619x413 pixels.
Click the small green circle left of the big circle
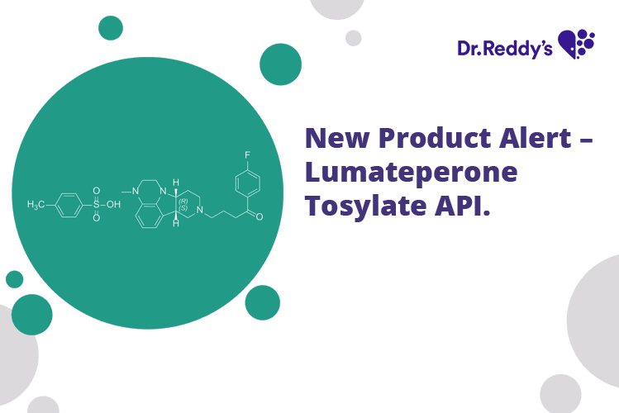pyautogui.click(x=14, y=279)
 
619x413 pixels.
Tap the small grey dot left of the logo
pyautogui.click(x=354, y=38)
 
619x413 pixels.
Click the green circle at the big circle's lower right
pyautogui.click(x=262, y=302)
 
